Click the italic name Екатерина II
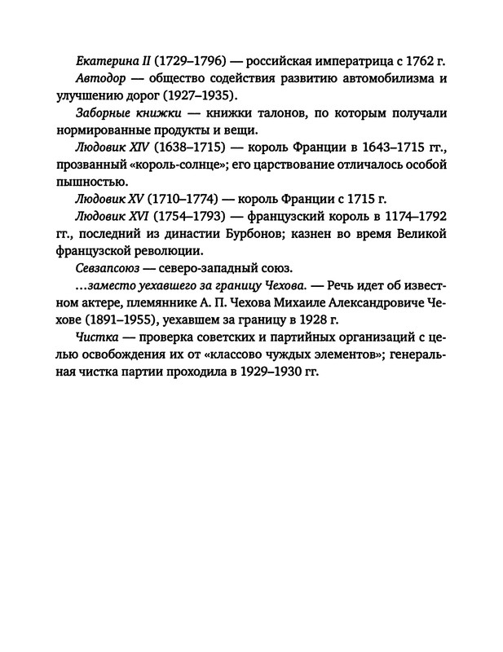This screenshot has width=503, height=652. pyautogui.click(x=110, y=63)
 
